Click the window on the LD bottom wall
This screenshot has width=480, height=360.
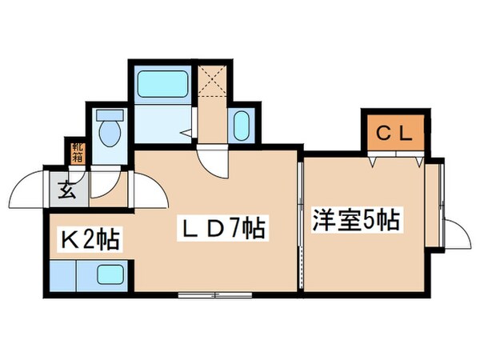click(x=213, y=295)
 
